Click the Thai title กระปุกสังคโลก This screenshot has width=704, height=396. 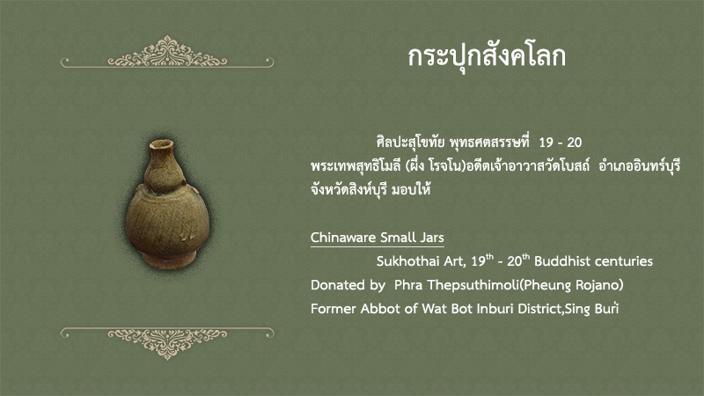(487, 57)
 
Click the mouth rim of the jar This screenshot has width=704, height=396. (162, 144)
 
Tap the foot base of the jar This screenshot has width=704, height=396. (169, 260)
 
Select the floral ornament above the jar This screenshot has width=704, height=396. (167, 52)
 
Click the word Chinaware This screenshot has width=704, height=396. (341, 238)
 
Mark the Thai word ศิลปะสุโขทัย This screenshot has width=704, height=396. (411, 143)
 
